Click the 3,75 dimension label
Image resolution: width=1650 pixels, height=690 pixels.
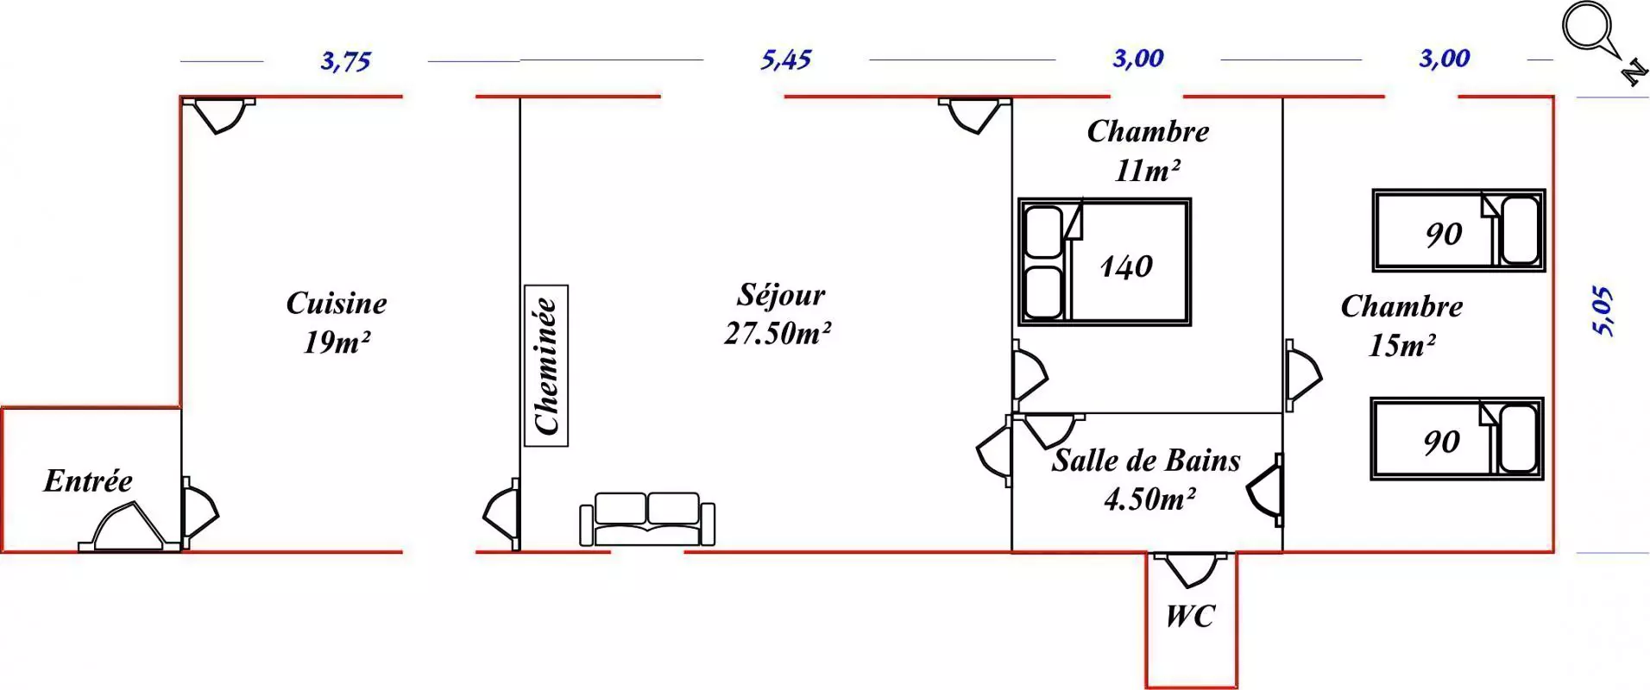click(x=345, y=61)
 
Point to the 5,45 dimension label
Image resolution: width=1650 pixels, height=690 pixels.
click(x=785, y=60)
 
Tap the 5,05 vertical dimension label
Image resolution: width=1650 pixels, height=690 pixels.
click(x=1602, y=310)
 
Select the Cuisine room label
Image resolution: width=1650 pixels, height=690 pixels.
click(x=337, y=304)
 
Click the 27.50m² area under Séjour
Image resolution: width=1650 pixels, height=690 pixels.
click(x=778, y=334)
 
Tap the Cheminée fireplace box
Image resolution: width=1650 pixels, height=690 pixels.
click(x=546, y=366)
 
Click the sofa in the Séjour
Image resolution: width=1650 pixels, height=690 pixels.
click(x=647, y=519)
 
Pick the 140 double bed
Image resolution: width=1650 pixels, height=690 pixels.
click(x=1105, y=262)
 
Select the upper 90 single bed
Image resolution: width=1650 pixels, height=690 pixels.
click(x=1458, y=230)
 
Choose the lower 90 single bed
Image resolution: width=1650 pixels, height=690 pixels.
click(x=1457, y=439)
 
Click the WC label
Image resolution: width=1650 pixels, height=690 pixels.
click(x=1190, y=617)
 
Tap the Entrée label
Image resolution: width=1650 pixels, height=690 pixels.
click(x=88, y=481)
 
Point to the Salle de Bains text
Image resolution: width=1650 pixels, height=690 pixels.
click(x=1146, y=461)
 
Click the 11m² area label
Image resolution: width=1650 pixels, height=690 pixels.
click(x=1147, y=171)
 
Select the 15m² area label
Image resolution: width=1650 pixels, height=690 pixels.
click(x=1401, y=346)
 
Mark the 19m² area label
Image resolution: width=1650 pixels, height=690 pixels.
click(x=337, y=342)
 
